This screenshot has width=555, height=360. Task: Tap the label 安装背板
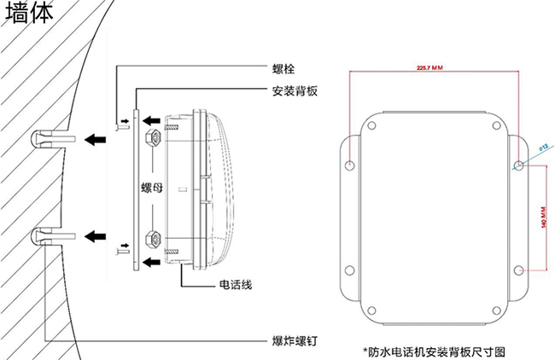(295, 91)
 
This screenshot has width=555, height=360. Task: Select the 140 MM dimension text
(544, 218)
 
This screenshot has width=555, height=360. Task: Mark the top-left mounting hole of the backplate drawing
(349, 162)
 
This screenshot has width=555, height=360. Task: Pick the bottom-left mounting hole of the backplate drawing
(349, 270)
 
